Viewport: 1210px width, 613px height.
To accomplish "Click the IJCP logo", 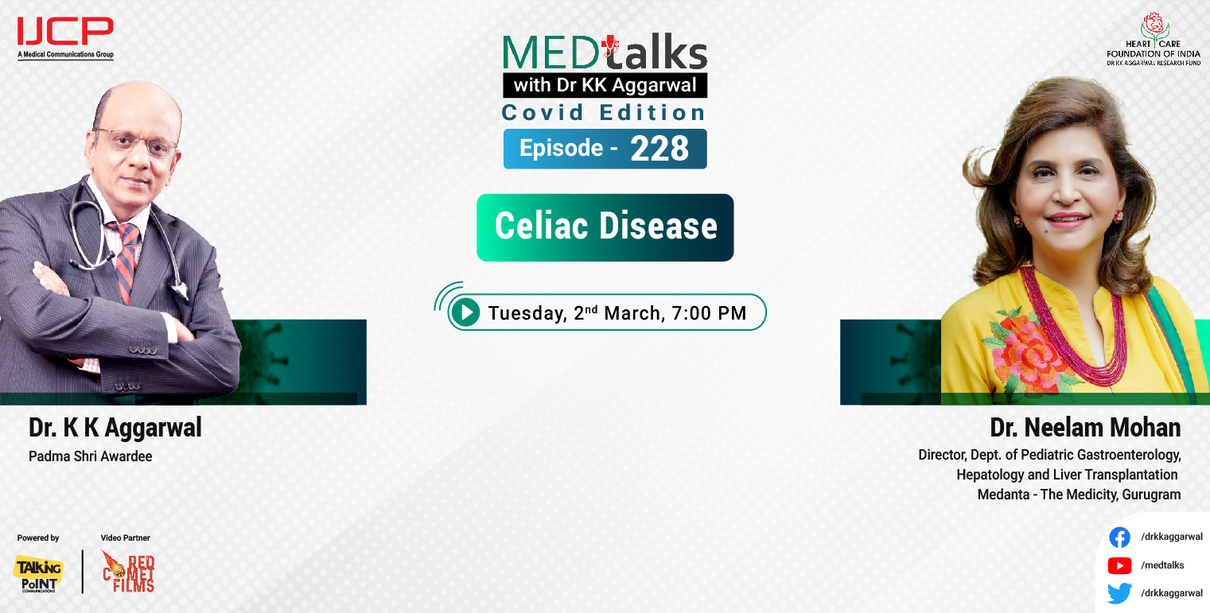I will click(65, 33).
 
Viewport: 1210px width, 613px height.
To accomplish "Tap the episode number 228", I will click(659, 149).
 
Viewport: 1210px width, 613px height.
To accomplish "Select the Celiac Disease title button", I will click(605, 227).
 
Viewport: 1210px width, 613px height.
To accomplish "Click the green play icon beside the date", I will click(465, 312).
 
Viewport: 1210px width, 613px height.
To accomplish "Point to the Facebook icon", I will click(1119, 537).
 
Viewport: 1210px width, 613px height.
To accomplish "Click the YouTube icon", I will click(1119, 565).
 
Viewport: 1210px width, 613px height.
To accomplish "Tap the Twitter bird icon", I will click(1119, 593).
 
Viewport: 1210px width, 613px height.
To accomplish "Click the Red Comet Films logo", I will click(128, 572).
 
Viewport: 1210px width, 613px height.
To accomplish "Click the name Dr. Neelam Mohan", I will click(1085, 428).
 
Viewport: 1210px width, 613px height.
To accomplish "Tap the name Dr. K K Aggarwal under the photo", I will click(115, 428).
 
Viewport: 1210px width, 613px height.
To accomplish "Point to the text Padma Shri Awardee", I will click(90, 456).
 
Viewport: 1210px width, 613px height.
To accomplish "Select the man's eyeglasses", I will click(137, 141).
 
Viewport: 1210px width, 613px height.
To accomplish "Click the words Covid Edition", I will click(604, 113).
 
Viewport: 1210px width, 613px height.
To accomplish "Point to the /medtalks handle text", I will click(1162, 565).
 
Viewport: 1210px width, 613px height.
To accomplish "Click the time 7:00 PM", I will click(709, 313).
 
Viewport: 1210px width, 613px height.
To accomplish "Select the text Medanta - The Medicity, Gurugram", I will click(1079, 495).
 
